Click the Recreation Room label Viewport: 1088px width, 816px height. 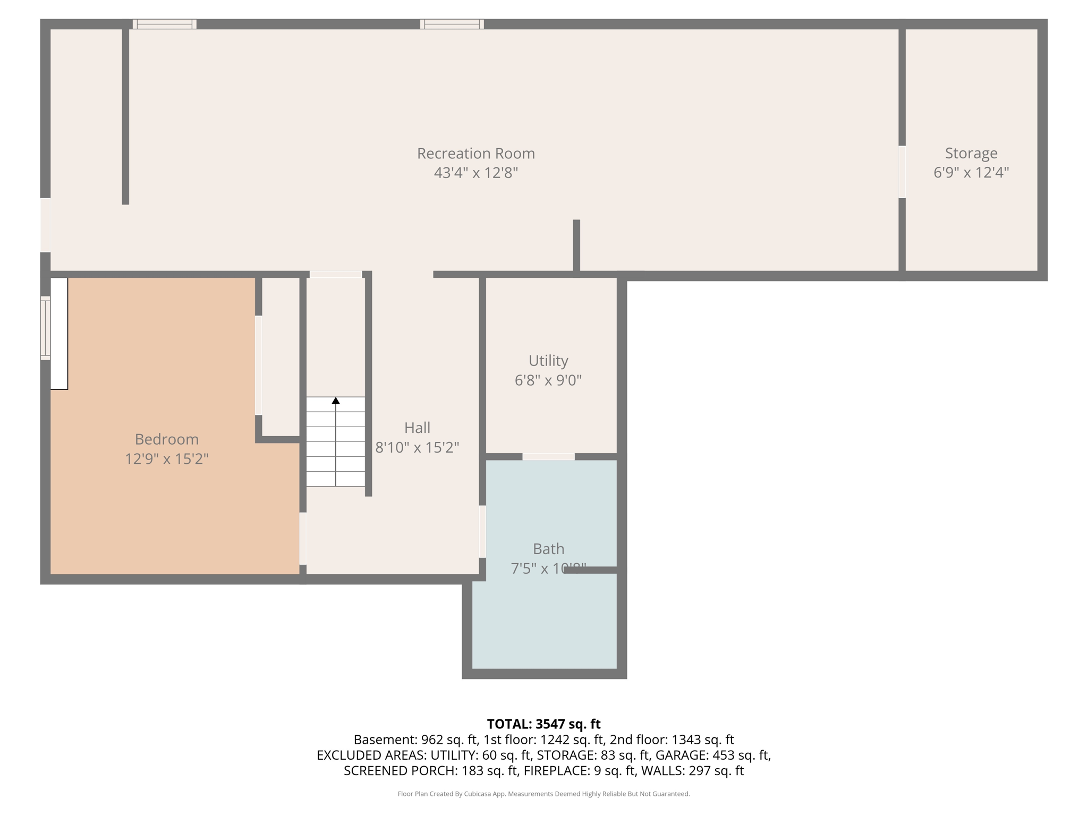click(x=475, y=154)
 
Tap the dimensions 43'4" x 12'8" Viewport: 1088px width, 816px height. click(x=475, y=173)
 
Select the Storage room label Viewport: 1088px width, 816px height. click(x=971, y=154)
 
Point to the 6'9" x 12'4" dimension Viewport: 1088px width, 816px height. click(x=971, y=173)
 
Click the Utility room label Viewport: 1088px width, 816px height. click(x=548, y=361)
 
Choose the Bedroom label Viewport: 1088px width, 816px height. click(x=166, y=439)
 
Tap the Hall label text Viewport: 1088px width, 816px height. click(x=417, y=428)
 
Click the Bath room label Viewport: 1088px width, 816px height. click(x=548, y=549)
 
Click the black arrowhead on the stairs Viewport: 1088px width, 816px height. click(x=336, y=401)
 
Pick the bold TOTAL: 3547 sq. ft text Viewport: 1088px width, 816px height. click(x=543, y=724)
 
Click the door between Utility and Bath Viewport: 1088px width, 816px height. click(x=548, y=457)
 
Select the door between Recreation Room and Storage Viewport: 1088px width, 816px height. click(x=902, y=172)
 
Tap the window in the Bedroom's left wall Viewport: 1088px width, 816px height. click(x=46, y=328)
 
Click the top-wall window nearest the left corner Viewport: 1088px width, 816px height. click(x=164, y=24)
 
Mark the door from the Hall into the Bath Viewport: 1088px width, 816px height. click(x=482, y=531)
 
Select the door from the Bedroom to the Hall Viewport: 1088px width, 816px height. click(x=303, y=538)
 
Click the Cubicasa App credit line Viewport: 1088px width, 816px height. click(x=543, y=794)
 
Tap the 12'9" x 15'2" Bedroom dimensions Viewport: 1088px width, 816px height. click(x=166, y=459)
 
